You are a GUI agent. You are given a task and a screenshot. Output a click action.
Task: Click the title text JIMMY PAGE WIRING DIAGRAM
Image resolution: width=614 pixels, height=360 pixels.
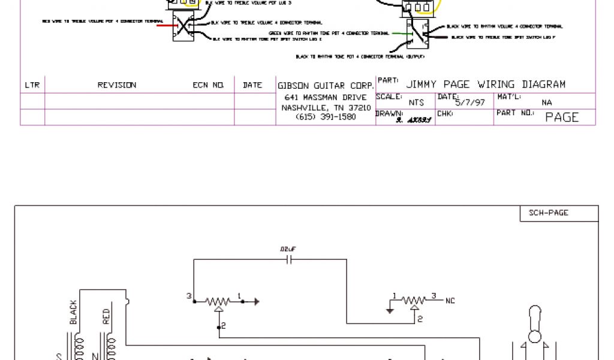(485, 84)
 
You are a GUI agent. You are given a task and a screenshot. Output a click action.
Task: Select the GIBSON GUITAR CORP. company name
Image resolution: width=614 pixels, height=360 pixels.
(326, 85)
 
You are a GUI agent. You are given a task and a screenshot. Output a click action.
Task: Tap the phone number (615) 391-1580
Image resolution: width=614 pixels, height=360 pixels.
(326, 117)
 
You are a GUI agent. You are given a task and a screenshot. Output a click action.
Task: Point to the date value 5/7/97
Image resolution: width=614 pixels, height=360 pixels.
(470, 103)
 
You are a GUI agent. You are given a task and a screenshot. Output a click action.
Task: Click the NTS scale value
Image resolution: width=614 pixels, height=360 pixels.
(416, 103)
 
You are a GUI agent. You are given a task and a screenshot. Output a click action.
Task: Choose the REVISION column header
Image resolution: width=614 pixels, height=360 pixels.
(117, 85)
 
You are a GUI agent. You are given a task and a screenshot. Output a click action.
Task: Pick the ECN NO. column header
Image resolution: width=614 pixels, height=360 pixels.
(208, 85)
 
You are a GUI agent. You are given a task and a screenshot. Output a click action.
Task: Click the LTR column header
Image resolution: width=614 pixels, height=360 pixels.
(32, 85)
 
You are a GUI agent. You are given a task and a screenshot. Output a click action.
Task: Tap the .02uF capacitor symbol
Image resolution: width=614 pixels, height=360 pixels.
(289, 260)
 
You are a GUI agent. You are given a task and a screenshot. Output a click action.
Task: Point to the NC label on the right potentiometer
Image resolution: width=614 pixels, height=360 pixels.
(450, 301)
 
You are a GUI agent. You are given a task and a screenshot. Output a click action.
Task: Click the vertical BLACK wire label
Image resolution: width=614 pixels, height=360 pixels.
(74, 312)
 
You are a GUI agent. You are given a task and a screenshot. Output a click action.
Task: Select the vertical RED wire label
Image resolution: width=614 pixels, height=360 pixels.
(107, 316)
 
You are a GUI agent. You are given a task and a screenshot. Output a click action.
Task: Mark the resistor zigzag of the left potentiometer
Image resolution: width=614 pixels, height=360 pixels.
(219, 301)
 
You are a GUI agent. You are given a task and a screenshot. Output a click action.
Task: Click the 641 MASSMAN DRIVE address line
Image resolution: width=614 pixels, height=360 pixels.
(326, 97)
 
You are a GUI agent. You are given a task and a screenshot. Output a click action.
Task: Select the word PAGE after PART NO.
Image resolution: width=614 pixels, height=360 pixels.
(562, 118)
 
